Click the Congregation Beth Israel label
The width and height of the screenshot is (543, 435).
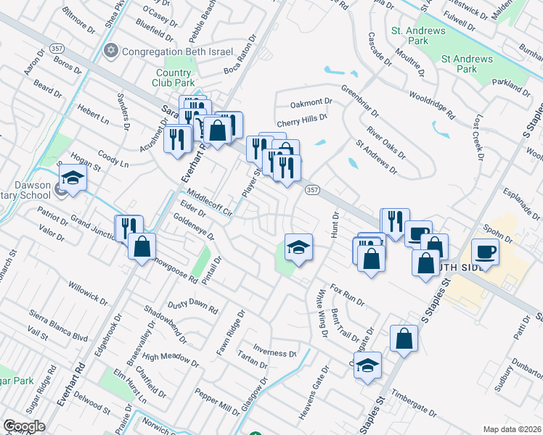tap(177, 51)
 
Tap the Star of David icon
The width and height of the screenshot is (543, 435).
tap(111, 51)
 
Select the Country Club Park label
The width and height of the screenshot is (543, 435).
tap(173, 78)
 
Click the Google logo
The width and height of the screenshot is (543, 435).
tap(23, 426)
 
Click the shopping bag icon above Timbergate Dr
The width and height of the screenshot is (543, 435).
tap(404, 337)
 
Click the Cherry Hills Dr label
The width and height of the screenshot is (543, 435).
tap(302, 115)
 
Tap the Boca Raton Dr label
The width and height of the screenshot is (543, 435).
tap(241, 60)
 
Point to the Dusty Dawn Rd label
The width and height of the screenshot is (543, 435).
tap(192, 307)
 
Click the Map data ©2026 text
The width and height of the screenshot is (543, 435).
tap(513, 429)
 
